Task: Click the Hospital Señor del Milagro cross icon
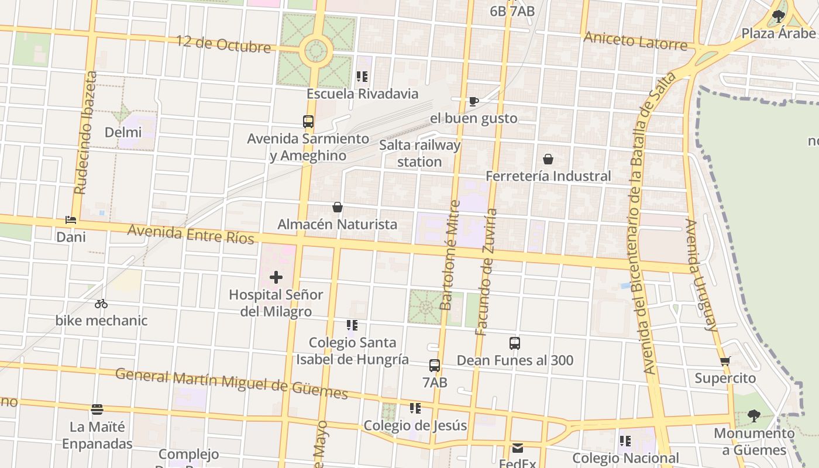(276, 277)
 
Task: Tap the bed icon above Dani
(71, 221)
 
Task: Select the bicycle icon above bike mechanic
(101, 304)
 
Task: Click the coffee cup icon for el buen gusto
(474, 101)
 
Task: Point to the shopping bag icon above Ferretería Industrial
(548, 159)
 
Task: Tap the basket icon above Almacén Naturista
(338, 207)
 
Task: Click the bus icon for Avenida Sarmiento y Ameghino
(308, 122)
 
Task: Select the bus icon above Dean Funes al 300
(515, 343)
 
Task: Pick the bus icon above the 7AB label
(435, 366)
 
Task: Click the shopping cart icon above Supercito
(725, 361)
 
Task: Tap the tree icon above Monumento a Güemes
(754, 416)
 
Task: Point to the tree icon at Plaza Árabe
(779, 16)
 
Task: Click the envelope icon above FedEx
(518, 449)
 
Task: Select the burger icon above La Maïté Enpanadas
(97, 409)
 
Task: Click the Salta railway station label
(419, 153)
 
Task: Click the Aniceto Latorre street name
(635, 42)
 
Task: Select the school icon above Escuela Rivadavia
(362, 77)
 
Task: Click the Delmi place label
(123, 132)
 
